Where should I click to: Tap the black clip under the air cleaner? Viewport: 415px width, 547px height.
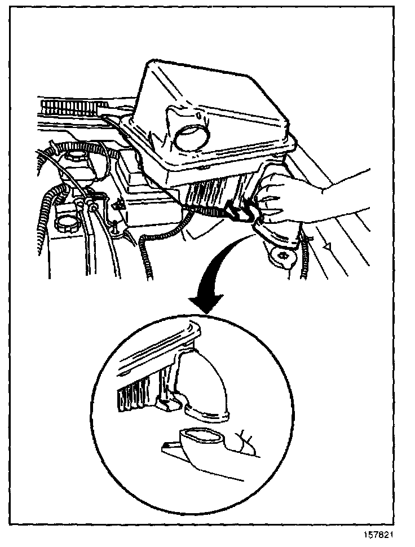tap(240, 212)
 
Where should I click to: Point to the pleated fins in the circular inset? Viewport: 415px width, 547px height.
tap(135, 398)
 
